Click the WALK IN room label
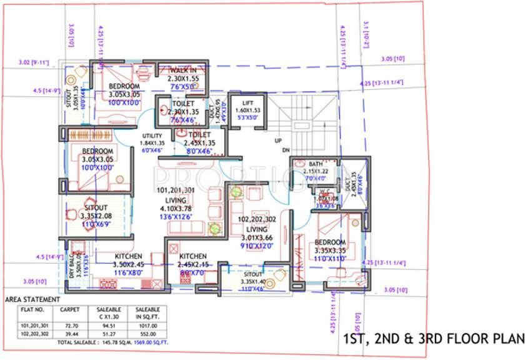pos(182,71)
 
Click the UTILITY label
pos(152,136)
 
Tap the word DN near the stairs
pos(285,151)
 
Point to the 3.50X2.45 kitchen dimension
pos(129,264)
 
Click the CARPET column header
pos(69,309)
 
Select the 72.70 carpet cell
pos(69,326)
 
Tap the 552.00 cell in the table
pos(147,334)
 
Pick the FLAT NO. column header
pos(32,309)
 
